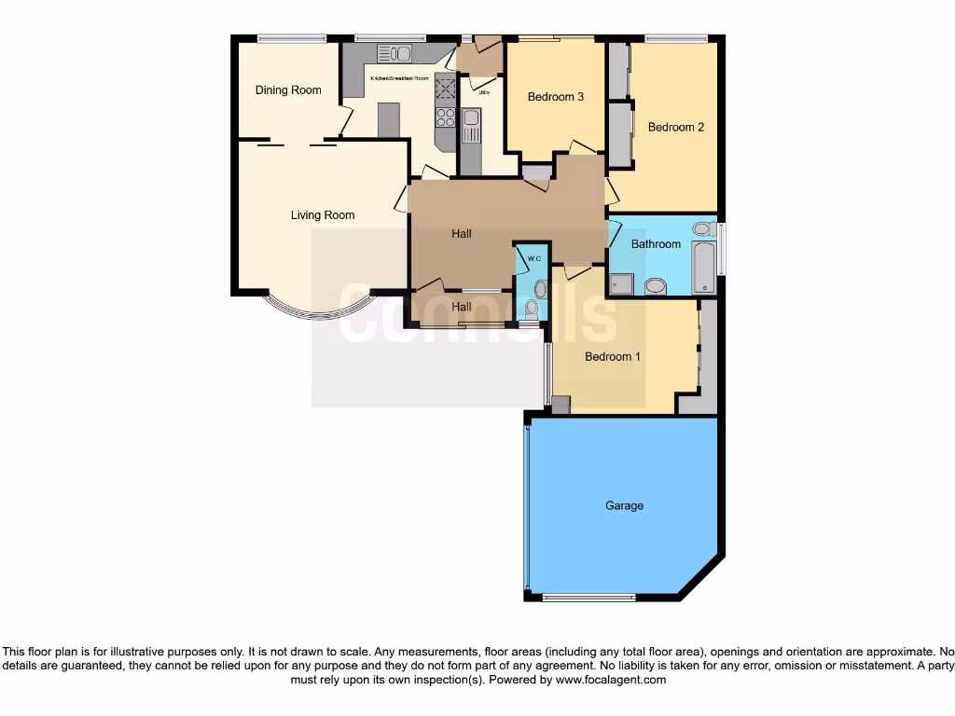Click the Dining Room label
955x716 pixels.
coord(288,90)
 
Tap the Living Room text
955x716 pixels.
coord(323,215)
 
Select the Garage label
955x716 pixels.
coord(624,505)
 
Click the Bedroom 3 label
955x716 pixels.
coord(556,97)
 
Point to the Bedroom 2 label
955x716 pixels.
coord(676,128)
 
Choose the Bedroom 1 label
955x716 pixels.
coord(613,356)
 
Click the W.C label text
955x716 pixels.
coord(534,257)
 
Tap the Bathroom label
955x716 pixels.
coord(656,244)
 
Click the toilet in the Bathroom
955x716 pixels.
coord(656,285)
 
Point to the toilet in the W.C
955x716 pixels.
coord(533,309)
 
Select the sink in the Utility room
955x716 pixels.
coord(472,118)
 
